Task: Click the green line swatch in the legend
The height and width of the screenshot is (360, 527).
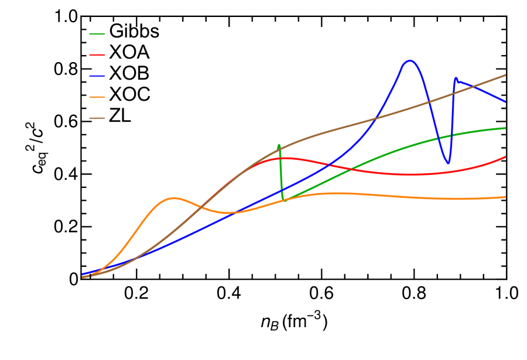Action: [97, 34]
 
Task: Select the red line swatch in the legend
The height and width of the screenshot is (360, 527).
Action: [97, 55]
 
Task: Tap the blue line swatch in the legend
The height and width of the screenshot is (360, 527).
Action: [97, 76]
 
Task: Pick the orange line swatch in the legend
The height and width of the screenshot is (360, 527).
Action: [97, 97]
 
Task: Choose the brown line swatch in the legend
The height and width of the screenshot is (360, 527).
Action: [97, 118]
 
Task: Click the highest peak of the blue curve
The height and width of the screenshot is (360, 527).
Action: [409, 60]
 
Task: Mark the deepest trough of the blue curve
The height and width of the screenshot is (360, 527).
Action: [448, 163]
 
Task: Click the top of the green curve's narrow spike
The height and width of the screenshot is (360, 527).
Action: [279, 145]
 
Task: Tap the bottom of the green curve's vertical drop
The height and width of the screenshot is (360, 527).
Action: [283, 200]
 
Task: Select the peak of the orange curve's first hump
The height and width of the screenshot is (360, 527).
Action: [173, 198]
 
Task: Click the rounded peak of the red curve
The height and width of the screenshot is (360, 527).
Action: [283, 158]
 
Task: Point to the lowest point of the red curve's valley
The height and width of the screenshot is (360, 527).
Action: [410, 174]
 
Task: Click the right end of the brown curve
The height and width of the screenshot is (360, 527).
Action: [505, 75]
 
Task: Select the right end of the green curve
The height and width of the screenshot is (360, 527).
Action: [505, 128]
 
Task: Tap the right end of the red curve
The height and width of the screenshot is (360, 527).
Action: [505, 157]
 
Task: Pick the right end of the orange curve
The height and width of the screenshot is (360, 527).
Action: [505, 197]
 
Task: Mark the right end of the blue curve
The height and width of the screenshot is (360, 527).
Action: [505, 102]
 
